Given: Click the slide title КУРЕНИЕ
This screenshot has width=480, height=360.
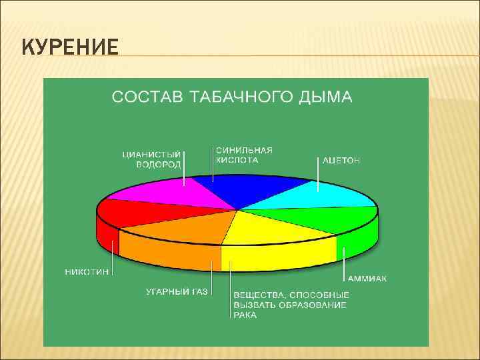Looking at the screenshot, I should tap(70, 48).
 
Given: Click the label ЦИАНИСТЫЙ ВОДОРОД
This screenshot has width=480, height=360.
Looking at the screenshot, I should tap(151, 159).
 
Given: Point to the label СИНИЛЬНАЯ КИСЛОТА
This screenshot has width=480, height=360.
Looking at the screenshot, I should tap(244, 155).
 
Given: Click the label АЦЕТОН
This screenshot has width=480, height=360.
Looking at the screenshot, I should tap(341, 161).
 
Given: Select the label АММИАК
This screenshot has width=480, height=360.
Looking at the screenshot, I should tap(367, 277).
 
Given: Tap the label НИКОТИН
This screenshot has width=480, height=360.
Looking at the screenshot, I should tap(87, 272).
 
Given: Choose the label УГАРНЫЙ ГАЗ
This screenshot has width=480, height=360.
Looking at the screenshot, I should tap(177, 291).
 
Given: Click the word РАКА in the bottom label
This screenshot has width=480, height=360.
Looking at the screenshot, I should tap(245, 315).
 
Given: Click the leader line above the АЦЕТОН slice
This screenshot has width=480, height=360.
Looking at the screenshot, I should tap(318, 175).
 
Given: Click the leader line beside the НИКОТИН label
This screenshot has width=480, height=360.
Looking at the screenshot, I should tap(113, 257).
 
